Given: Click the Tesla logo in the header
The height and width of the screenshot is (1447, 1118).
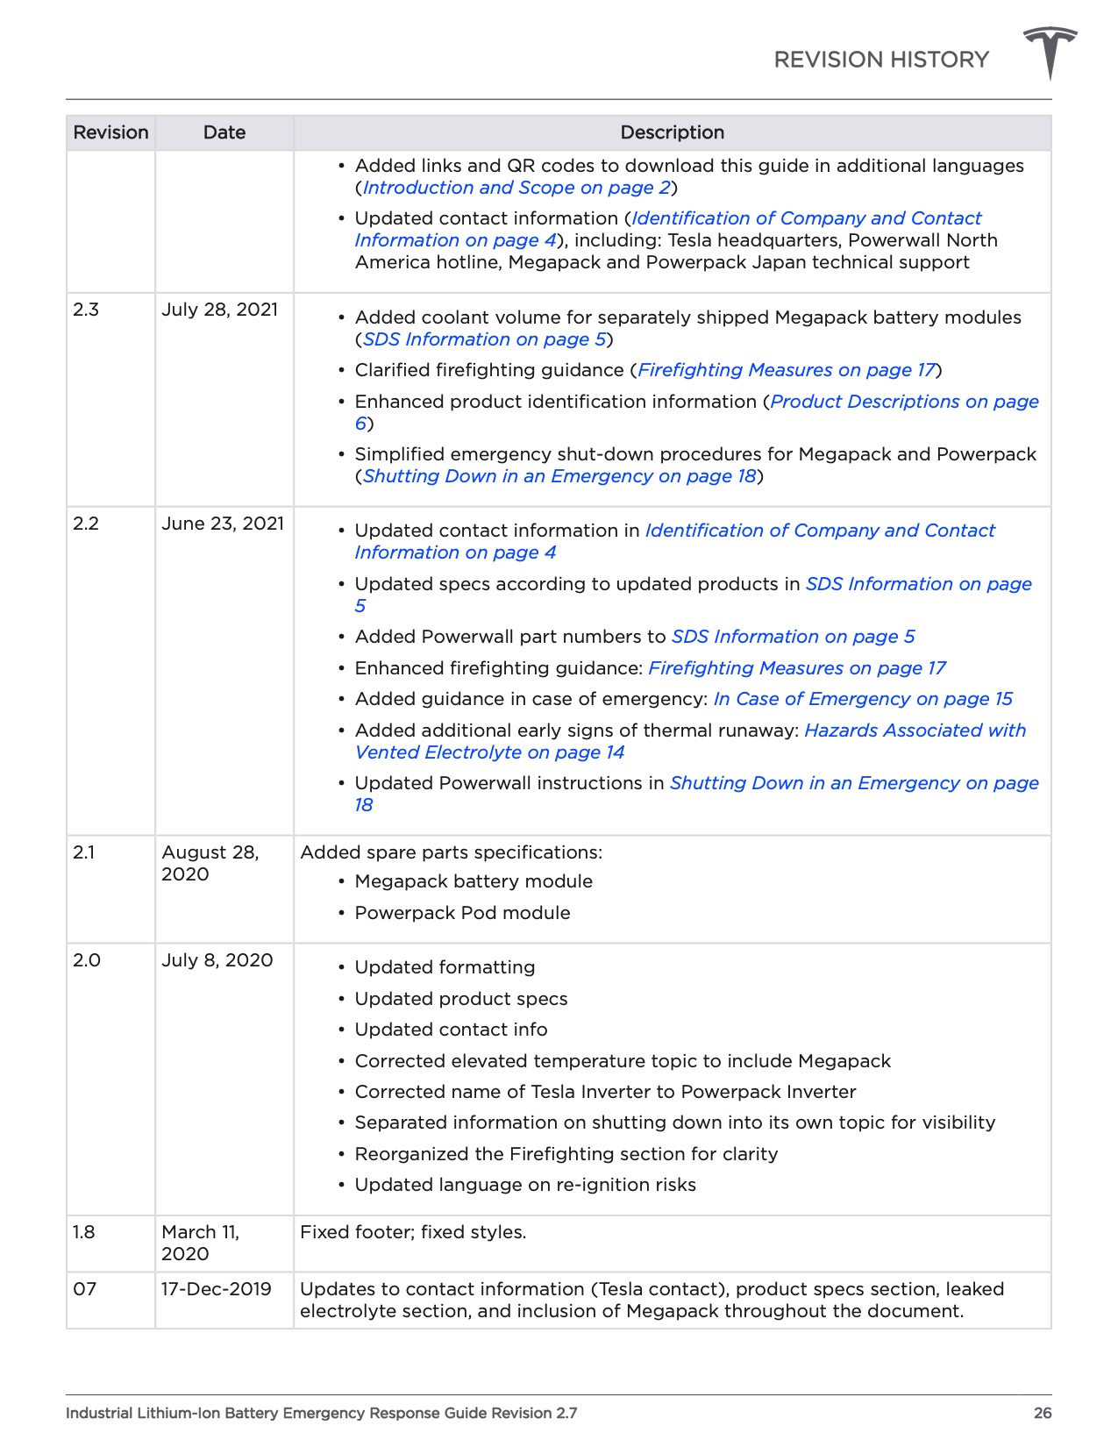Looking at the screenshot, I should [1050, 52].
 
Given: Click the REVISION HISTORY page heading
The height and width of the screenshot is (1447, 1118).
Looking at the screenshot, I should [880, 60].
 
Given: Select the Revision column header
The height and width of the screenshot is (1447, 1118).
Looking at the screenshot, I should [110, 132].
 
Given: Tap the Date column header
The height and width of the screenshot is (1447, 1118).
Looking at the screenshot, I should [224, 132].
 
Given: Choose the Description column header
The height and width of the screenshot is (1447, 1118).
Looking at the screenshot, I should [672, 132].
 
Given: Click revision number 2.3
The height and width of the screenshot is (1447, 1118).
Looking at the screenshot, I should [86, 310].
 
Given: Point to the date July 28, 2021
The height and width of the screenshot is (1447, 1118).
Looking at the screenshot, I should [219, 310].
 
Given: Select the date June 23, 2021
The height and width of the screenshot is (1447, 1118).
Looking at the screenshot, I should [223, 524].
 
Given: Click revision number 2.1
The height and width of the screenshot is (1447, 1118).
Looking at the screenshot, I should [84, 852].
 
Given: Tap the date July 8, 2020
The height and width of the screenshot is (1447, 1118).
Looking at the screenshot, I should [217, 960].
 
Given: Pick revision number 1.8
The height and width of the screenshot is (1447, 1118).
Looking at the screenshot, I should [84, 1232].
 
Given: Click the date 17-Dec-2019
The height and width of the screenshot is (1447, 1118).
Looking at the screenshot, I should [216, 1289].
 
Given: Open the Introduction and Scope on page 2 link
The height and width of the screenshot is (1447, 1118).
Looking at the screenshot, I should [516, 188].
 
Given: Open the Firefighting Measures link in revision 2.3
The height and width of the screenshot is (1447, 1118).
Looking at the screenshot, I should [787, 370].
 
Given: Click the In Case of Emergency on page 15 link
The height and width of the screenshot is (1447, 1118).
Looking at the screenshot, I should [863, 699].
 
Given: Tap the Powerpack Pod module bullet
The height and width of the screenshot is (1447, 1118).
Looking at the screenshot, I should [462, 913].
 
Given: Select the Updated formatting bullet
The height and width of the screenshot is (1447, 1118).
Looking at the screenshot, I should [445, 967].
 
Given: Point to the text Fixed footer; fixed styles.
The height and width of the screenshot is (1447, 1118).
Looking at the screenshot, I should [413, 1232].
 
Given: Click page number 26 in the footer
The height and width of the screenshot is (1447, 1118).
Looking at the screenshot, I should [1042, 1413].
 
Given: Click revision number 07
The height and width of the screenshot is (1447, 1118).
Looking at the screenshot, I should [84, 1289].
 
